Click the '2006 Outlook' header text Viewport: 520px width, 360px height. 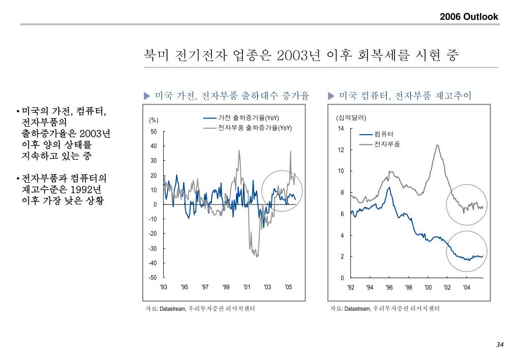[469, 17]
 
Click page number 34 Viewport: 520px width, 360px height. [500, 345]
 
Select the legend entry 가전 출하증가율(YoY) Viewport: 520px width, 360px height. [249, 118]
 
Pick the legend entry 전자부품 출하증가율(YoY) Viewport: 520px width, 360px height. [255, 128]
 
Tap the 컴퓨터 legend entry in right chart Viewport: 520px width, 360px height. [384, 134]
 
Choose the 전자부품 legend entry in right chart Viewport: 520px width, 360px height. [387, 144]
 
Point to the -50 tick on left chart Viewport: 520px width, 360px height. [152, 278]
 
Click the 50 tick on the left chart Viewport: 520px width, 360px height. [154, 132]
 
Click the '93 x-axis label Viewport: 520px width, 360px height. [164, 287]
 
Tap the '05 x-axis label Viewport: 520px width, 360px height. [288, 287]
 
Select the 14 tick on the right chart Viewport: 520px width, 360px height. [341, 128]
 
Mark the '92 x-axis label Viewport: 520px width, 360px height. [351, 288]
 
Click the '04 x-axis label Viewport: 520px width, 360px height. [467, 288]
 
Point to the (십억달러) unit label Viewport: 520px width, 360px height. [351, 118]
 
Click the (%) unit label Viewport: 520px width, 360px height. [154, 120]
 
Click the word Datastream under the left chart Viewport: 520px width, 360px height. [172, 309]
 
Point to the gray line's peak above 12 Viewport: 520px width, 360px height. [437, 145]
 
